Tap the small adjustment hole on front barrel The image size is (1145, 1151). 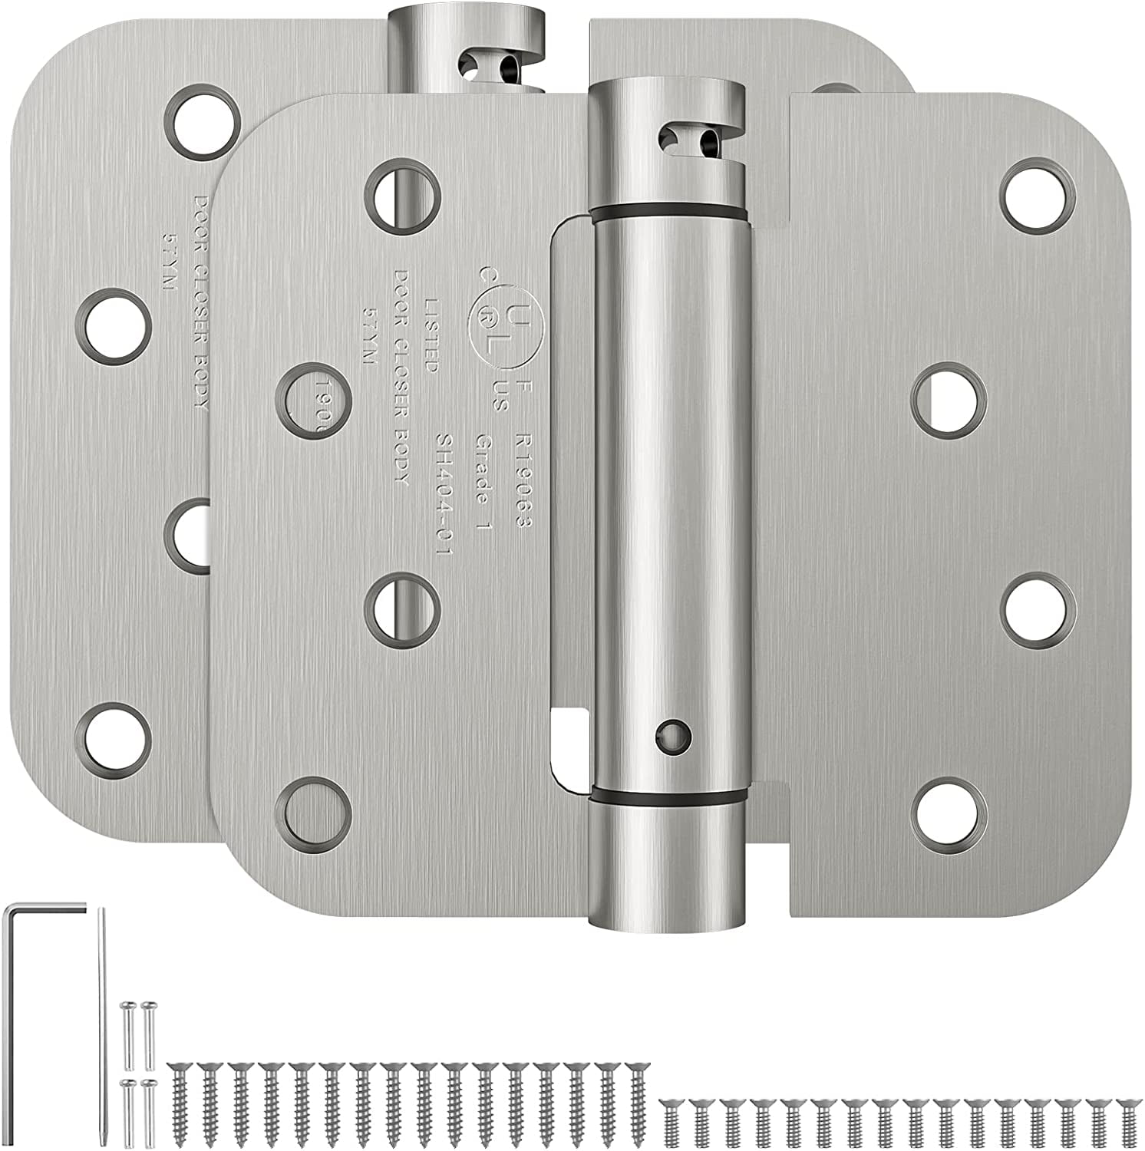coord(673,734)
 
